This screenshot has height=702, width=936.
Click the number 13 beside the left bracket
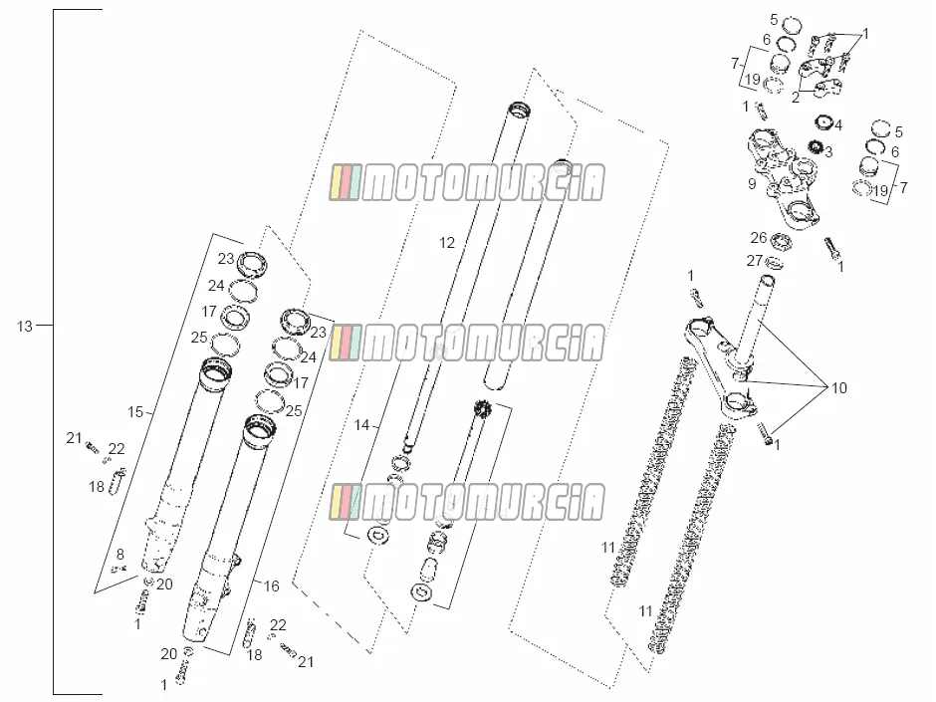(x=25, y=327)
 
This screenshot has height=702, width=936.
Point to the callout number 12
(x=446, y=243)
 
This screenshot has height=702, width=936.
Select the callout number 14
(x=361, y=425)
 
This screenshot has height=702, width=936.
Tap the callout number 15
(x=135, y=412)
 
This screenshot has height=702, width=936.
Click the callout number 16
(x=272, y=586)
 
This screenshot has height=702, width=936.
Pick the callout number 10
(x=839, y=388)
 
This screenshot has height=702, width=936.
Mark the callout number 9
(x=752, y=184)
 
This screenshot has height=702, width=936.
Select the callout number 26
(x=759, y=238)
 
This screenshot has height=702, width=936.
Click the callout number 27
(x=755, y=261)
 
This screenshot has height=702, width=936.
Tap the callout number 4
(x=838, y=125)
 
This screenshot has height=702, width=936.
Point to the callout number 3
(x=828, y=152)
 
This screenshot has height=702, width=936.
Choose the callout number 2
(x=796, y=98)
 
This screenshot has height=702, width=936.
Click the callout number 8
(x=119, y=555)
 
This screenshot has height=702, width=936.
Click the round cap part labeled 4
(x=823, y=121)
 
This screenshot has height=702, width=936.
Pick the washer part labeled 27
(x=775, y=262)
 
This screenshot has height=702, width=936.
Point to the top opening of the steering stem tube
(x=767, y=280)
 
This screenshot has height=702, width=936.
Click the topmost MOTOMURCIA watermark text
(x=466, y=182)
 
